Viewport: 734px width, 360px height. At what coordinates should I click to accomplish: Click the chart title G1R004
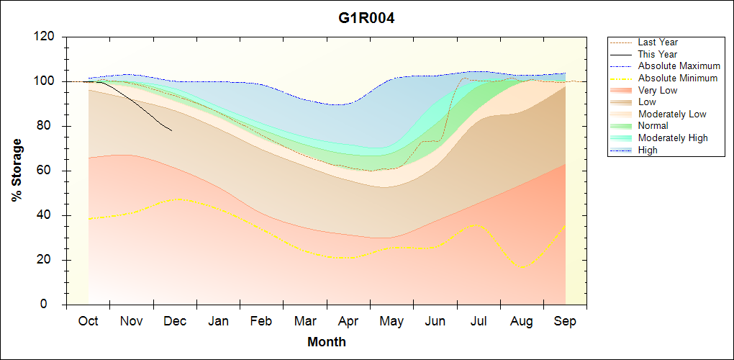pyautogui.click(x=366, y=18)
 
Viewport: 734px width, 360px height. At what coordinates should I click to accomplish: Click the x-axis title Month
pyautogui.click(x=326, y=342)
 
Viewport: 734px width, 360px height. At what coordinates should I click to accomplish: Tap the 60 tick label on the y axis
pyautogui.click(x=48, y=171)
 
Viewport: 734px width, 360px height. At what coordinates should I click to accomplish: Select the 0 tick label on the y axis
pyautogui.click(x=52, y=305)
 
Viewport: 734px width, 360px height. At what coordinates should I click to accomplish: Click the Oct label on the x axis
pyautogui.click(x=88, y=322)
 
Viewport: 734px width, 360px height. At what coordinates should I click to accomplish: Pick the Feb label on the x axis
pyautogui.click(x=261, y=322)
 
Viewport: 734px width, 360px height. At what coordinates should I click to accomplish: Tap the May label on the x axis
pyautogui.click(x=391, y=322)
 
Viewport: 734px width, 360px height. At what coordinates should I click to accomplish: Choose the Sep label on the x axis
pyautogui.click(x=565, y=322)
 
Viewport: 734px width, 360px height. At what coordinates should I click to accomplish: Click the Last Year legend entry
pyautogui.click(x=657, y=42)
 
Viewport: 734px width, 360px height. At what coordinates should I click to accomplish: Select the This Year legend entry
pyautogui.click(x=657, y=54)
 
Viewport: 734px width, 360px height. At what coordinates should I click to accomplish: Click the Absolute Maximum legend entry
pyautogui.click(x=679, y=66)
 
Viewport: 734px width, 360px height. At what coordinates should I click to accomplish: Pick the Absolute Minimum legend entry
pyautogui.click(x=678, y=78)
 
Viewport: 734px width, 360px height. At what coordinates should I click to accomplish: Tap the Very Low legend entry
pyautogui.click(x=657, y=90)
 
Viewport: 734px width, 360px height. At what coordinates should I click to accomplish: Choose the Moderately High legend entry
pyautogui.click(x=672, y=138)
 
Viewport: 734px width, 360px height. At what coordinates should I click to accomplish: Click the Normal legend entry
pyautogui.click(x=653, y=126)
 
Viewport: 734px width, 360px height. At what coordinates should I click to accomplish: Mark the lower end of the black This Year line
pyautogui.click(x=171, y=130)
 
